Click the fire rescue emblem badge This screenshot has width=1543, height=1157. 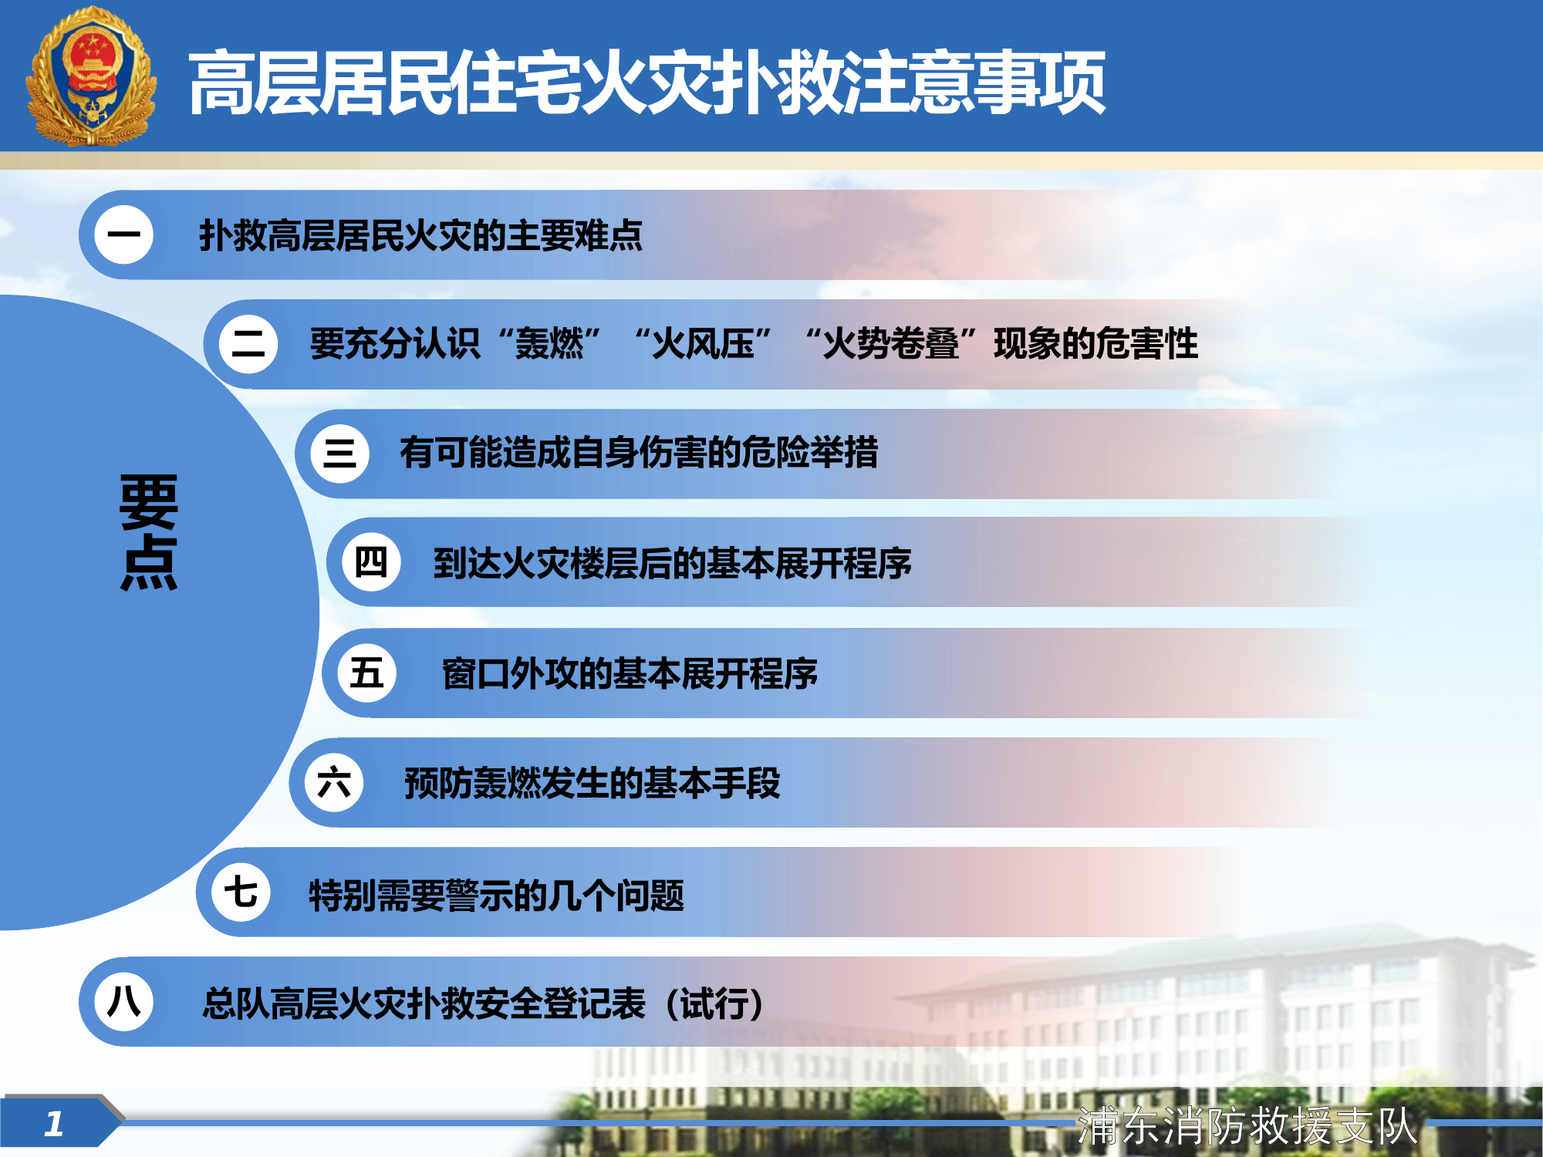[x=91, y=77]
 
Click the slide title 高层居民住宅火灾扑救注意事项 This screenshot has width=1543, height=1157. [x=647, y=83]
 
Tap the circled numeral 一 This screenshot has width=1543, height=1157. [x=123, y=234]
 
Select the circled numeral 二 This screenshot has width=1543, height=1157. [x=248, y=344]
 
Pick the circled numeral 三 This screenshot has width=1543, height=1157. [x=339, y=454]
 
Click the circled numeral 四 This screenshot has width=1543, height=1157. [x=371, y=562]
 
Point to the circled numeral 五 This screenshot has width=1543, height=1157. [x=367, y=673]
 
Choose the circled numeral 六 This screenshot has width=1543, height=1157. [x=334, y=783]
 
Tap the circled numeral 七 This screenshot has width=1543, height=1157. [x=241, y=892]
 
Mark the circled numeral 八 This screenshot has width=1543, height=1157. [x=123, y=1002]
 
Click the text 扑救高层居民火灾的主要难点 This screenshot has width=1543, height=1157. [x=420, y=235]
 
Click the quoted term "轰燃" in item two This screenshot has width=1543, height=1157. [x=549, y=344]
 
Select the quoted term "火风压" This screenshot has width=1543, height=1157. [x=703, y=344]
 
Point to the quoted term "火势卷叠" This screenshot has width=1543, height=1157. [x=891, y=344]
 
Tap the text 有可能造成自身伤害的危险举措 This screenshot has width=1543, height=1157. [x=639, y=453]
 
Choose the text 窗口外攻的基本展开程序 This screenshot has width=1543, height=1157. [x=630, y=673]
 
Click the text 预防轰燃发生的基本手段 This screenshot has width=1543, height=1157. [x=593, y=784]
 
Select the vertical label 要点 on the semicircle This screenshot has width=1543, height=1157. [x=149, y=532]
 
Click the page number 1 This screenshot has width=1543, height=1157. [x=53, y=1124]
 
